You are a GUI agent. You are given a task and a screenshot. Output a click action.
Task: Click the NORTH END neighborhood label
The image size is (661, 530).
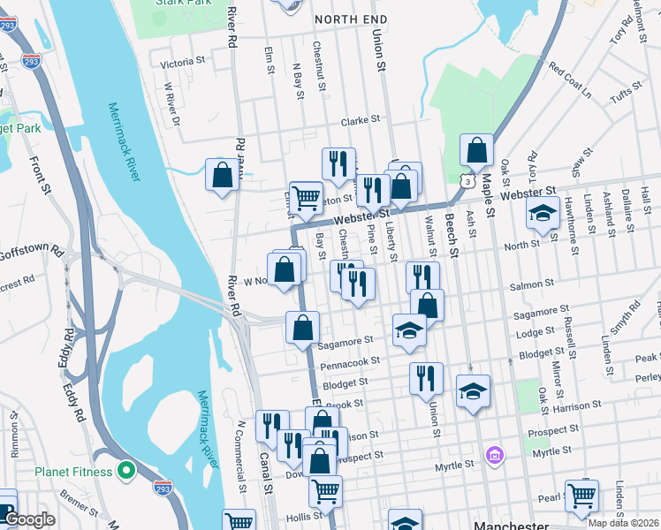pyautogui.click(x=350, y=19)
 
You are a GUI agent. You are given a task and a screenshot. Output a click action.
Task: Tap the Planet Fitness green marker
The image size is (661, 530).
pyautogui.click(x=125, y=471)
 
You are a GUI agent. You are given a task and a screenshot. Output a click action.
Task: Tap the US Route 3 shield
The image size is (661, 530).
pyautogui.click(x=465, y=181)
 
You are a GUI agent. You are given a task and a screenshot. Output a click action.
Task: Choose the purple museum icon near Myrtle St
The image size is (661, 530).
pyautogui.click(x=494, y=456)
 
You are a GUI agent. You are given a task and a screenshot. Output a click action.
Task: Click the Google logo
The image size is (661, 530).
pyautogui.click(x=28, y=519)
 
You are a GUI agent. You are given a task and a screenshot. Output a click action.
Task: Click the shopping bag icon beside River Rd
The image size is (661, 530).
pyautogui.click(x=222, y=174)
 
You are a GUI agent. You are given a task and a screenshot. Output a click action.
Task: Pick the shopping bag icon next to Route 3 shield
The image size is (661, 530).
pyautogui.click(x=476, y=151)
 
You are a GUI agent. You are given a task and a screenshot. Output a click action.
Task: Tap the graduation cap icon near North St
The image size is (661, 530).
pyautogui.click(x=542, y=213)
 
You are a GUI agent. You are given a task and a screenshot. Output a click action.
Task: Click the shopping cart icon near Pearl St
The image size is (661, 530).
pyautogui.click(x=581, y=496)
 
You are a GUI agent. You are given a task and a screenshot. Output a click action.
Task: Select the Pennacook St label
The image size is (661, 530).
pyautogui.click(x=351, y=361)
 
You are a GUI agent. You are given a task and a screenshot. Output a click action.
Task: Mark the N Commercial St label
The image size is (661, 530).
pyautogui.click(x=240, y=455)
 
